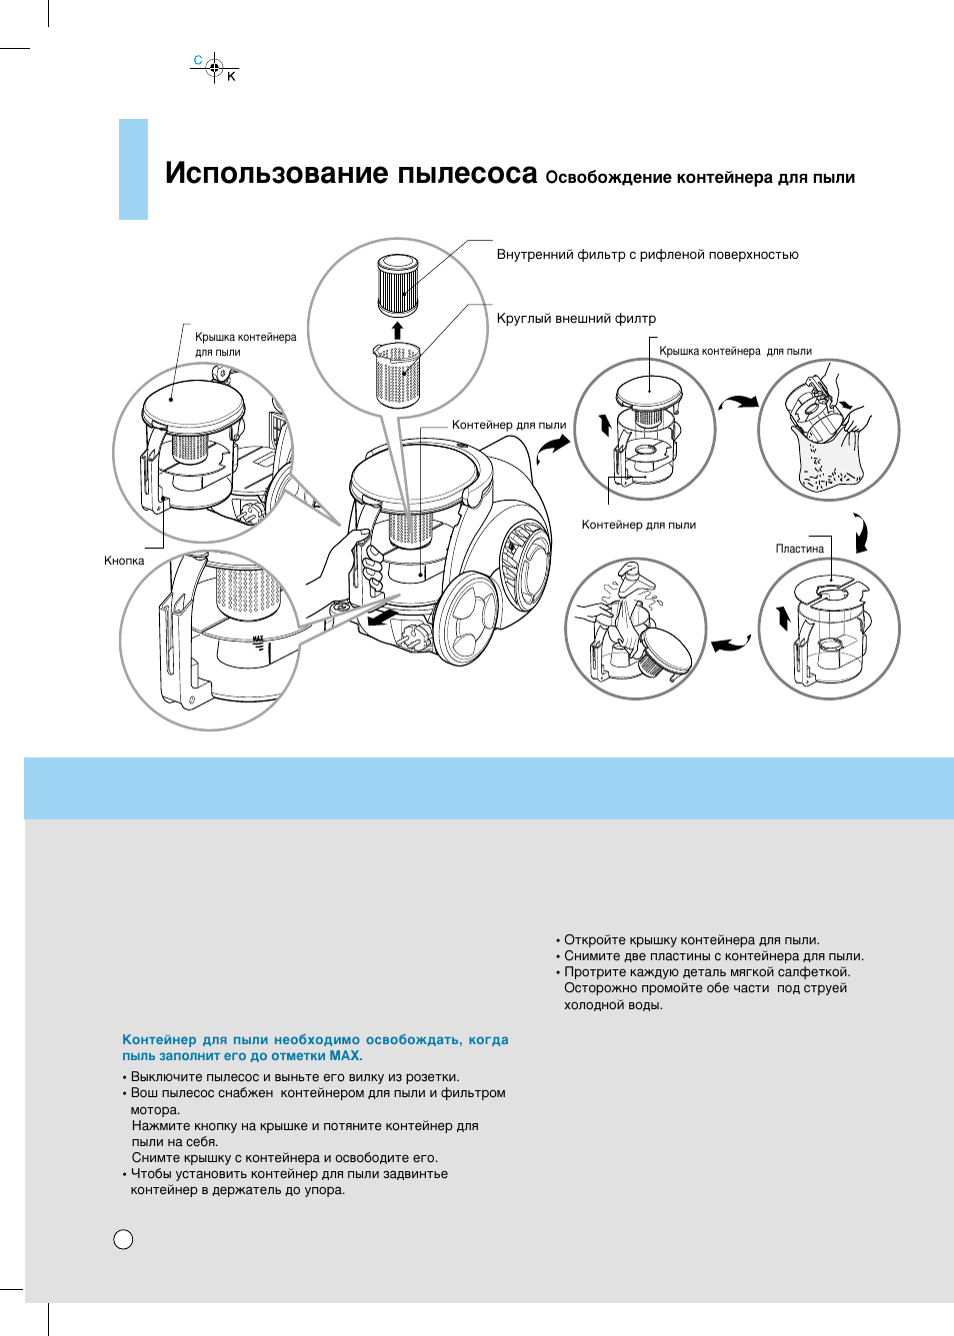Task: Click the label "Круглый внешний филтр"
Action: [x=576, y=319]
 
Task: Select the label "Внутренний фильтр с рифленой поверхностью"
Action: [x=647, y=255]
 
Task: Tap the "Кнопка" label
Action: [x=124, y=561]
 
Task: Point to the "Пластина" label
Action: [x=799, y=549]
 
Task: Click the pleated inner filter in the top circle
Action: [x=397, y=286]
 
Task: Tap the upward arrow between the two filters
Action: [x=397, y=331]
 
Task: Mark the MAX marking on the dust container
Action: [x=258, y=640]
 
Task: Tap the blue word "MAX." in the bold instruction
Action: [x=346, y=1056]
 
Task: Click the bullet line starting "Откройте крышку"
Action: [x=691, y=940]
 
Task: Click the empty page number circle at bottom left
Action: [x=123, y=1239]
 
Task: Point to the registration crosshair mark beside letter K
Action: [x=214, y=69]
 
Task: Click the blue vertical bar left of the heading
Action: [x=133, y=169]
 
